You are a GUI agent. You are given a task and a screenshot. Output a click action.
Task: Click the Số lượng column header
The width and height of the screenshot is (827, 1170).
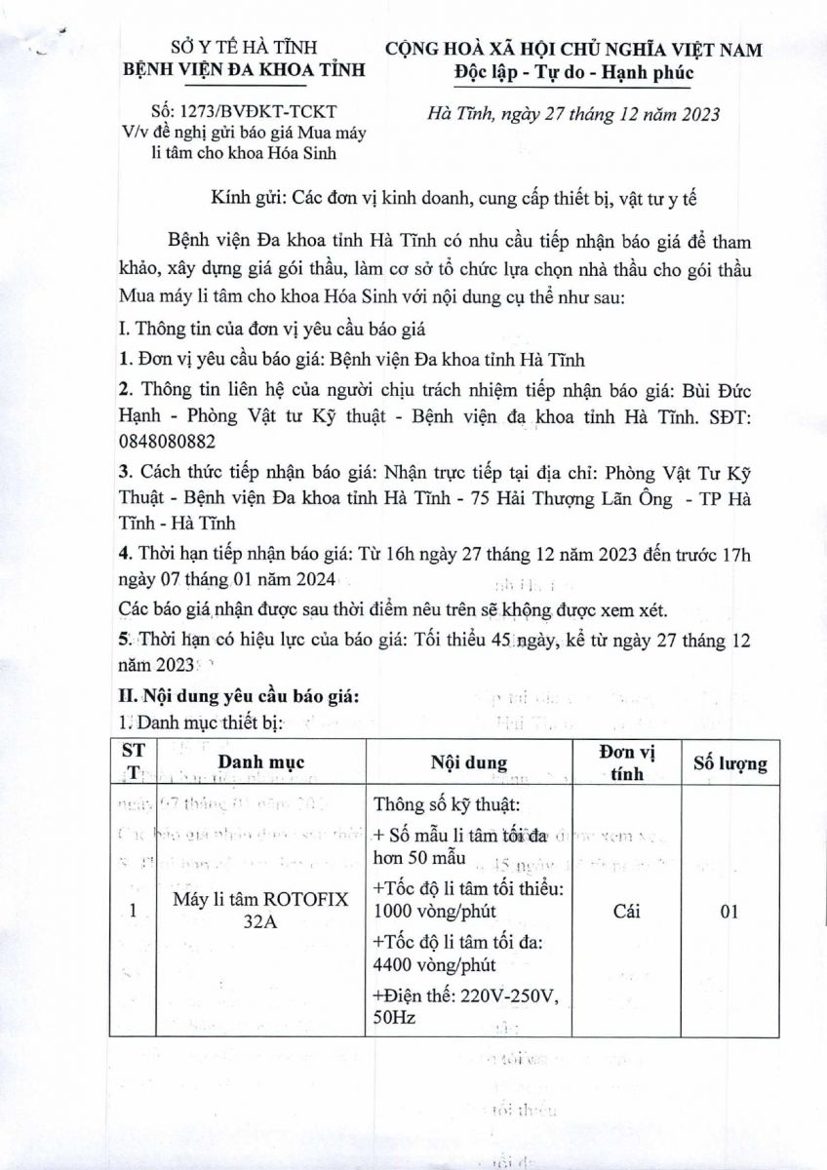(729, 763)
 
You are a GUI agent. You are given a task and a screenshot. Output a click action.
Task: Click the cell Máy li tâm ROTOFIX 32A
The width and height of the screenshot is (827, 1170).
(259, 912)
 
